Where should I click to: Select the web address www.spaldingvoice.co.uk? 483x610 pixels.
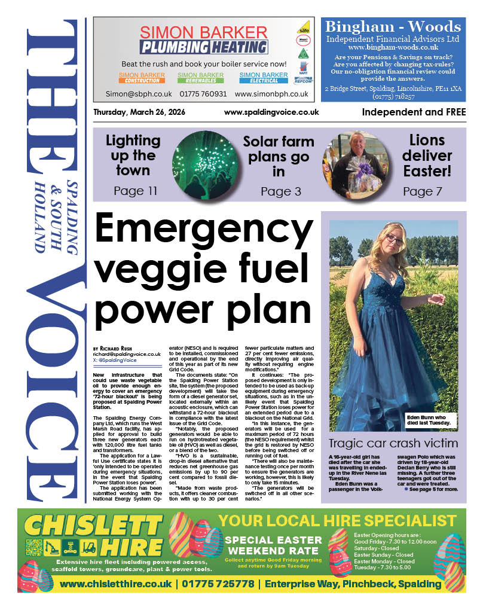271,112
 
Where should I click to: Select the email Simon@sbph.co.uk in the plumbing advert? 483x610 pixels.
139,94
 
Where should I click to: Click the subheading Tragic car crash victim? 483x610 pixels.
393,444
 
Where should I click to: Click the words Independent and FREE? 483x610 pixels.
412,112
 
